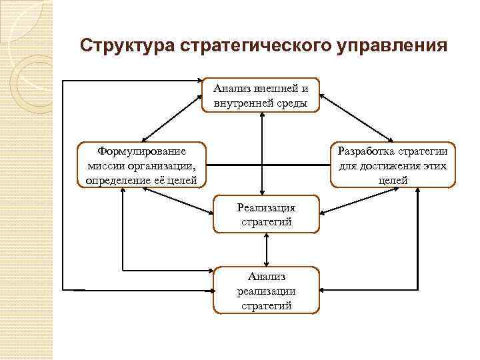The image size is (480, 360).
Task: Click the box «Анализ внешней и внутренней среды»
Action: click(x=261, y=95)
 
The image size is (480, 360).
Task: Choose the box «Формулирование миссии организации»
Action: click(x=141, y=165)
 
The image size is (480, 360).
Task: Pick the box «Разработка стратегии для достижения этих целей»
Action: click(x=393, y=165)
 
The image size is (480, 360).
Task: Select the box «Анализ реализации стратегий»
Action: click(x=266, y=291)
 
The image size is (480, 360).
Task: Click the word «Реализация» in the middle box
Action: click(x=266, y=207)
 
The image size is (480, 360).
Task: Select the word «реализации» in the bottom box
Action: click(x=266, y=291)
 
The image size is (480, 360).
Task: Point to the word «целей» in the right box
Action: click(x=393, y=180)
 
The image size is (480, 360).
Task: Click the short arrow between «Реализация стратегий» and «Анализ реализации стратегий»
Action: click(x=266, y=250)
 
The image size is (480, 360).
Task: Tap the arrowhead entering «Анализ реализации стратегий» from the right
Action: click(x=325, y=290)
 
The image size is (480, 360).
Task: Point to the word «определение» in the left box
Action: click(x=118, y=179)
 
